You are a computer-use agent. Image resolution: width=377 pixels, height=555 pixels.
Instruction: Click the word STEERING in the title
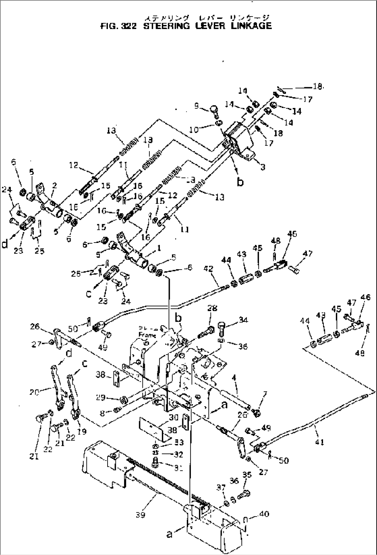point(166,26)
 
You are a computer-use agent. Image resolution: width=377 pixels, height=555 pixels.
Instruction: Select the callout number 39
point(141,515)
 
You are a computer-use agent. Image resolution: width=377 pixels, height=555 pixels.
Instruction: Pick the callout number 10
point(194,130)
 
